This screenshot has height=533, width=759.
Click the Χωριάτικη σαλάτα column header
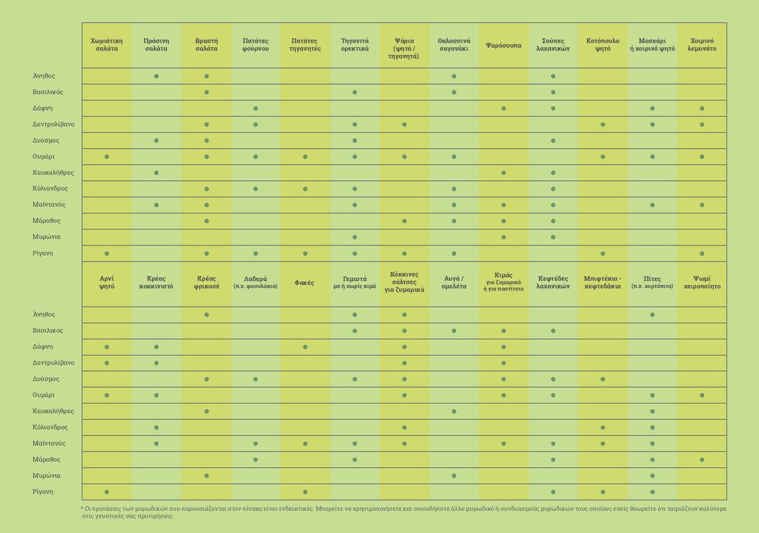(x=106, y=45)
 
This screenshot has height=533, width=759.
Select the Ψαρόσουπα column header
(x=503, y=45)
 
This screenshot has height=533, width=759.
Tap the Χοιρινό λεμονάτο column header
(x=701, y=45)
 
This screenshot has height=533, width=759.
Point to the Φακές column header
(x=304, y=283)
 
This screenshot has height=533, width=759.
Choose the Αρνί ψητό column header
(x=107, y=282)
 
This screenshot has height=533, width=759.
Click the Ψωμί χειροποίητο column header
(x=701, y=282)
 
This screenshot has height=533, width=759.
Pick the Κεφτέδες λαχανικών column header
(x=553, y=282)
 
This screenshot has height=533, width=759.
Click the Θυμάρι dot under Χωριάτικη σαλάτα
(x=107, y=156)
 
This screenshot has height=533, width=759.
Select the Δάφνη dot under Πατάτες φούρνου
(x=256, y=108)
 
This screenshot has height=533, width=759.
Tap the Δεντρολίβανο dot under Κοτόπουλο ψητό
(x=602, y=125)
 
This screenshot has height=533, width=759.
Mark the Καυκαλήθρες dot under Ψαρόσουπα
(x=503, y=173)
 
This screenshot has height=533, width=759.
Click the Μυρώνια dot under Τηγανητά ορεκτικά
(x=354, y=237)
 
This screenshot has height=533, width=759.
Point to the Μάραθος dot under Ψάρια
(x=404, y=221)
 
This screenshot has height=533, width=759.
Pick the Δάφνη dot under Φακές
(x=305, y=347)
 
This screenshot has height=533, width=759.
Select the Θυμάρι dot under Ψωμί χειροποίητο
(x=701, y=396)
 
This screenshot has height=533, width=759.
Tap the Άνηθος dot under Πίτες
(x=652, y=315)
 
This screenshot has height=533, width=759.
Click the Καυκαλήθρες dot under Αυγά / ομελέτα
(x=454, y=411)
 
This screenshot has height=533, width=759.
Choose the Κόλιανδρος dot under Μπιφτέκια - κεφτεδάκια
(x=602, y=427)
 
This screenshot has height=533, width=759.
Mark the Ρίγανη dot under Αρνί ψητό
(x=107, y=492)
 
